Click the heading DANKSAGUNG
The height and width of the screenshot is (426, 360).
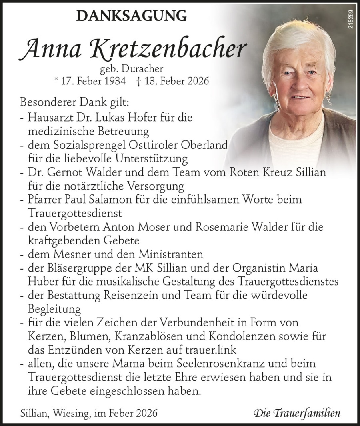pyautogui.click(x=131, y=16)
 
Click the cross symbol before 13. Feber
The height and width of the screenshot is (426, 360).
pyautogui.click(x=138, y=81)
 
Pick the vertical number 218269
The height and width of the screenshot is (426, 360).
pyautogui.click(x=351, y=19)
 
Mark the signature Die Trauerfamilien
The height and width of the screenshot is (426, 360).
pyautogui.click(x=297, y=414)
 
